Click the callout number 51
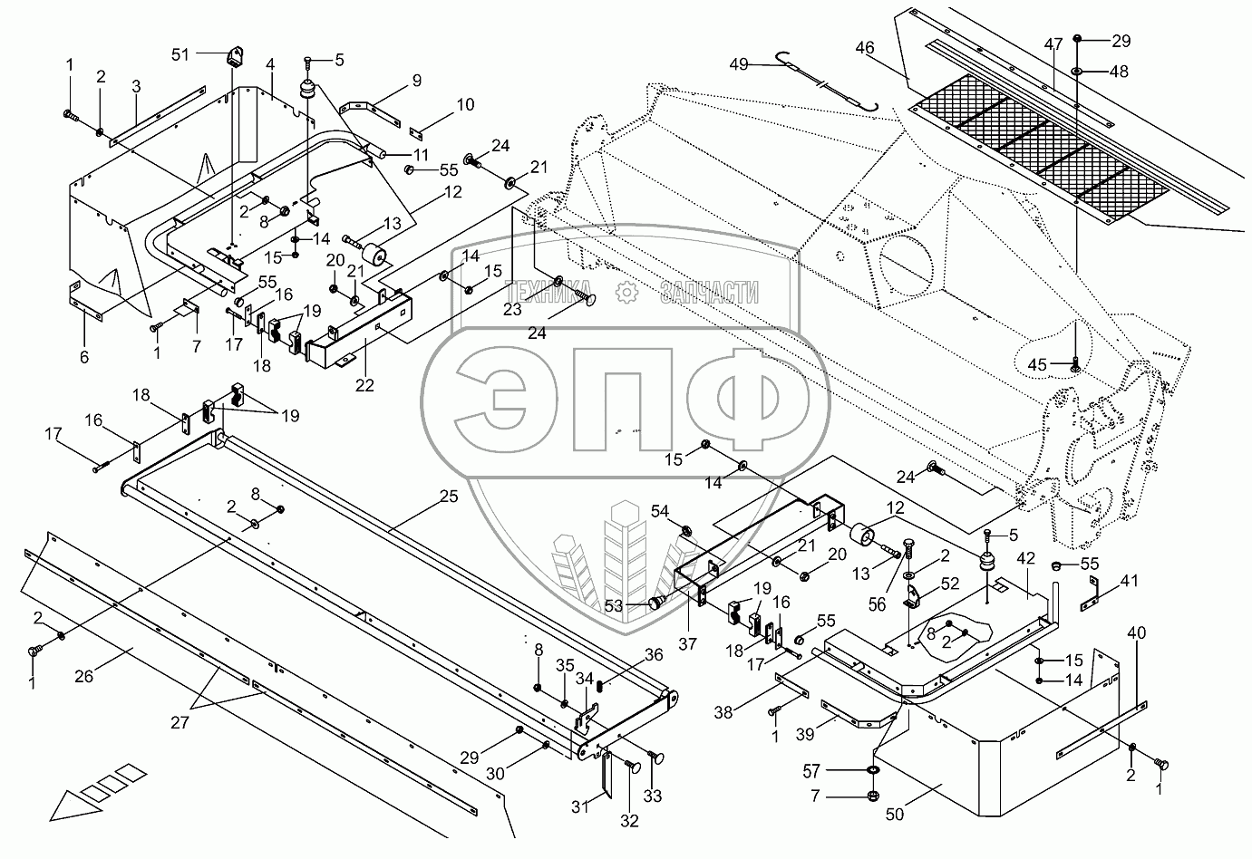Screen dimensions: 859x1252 click(x=181, y=54)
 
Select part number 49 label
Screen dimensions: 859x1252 click(x=739, y=63)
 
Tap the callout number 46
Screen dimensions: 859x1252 click(x=864, y=48)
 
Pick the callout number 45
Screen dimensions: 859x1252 click(x=1037, y=365)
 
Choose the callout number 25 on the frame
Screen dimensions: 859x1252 click(x=448, y=497)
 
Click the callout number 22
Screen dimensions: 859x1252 click(x=364, y=384)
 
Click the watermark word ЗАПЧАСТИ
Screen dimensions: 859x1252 click(x=709, y=292)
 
